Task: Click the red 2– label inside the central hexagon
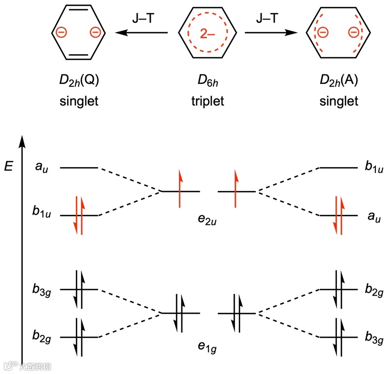click(x=208, y=34)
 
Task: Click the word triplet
click(x=208, y=102)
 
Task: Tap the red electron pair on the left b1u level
click(x=79, y=215)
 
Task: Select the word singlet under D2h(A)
click(x=338, y=102)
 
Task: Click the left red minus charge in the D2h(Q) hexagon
click(x=61, y=33)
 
